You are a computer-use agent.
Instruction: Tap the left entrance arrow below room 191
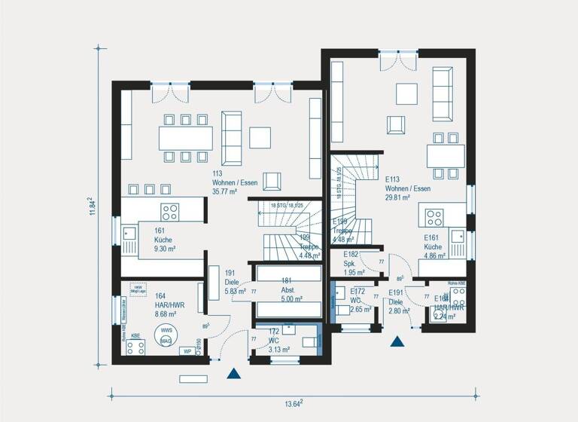pyautogui.click(x=235, y=372)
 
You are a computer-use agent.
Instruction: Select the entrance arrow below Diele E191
pyautogui.click(x=397, y=341)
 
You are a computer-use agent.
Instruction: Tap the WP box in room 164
pyautogui.click(x=186, y=351)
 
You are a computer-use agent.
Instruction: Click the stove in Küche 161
pyautogui.click(x=169, y=211)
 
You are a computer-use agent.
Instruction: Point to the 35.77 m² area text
pyautogui.click(x=224, y=192)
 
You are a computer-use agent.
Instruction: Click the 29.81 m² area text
pyautogui.click(x=397, y=197)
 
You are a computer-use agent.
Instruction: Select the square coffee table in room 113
pyautogui.click(x=260, y=137)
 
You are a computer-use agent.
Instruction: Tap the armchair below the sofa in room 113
pyautogui.click(x=272, y=182)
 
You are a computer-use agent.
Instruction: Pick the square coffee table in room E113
pyautogui.click(x=407, y=93)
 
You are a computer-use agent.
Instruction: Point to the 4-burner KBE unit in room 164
pyautogui.click(x=135, y=347)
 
